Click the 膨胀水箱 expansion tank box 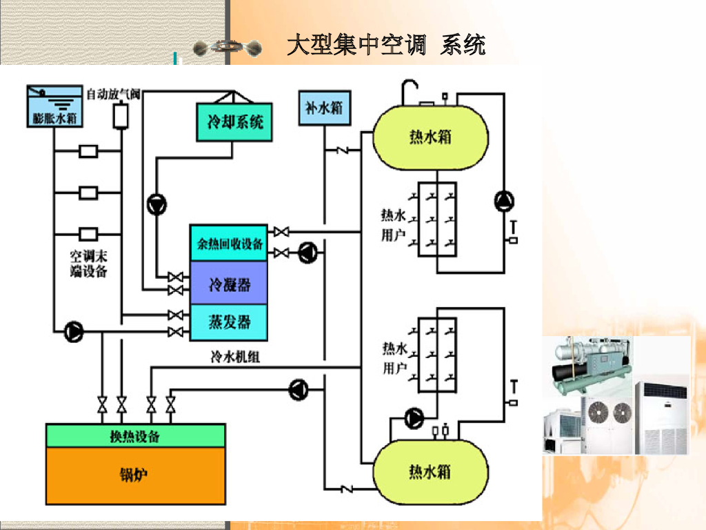(54, 107)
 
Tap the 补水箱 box (323, 108)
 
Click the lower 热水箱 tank (430, 472)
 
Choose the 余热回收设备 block (229, 243)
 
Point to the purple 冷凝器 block (229, 283)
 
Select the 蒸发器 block (229, 322)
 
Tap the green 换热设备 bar (135, 436)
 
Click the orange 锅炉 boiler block (135, 475)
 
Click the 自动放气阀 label (113, 93)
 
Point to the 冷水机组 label (235, 357)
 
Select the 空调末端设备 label (89, 263)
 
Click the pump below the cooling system (157, 204)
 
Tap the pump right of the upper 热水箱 (504, 201)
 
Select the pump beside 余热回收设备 (307, 253)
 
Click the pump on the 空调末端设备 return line (73, 332)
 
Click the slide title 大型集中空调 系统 (385, 46)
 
